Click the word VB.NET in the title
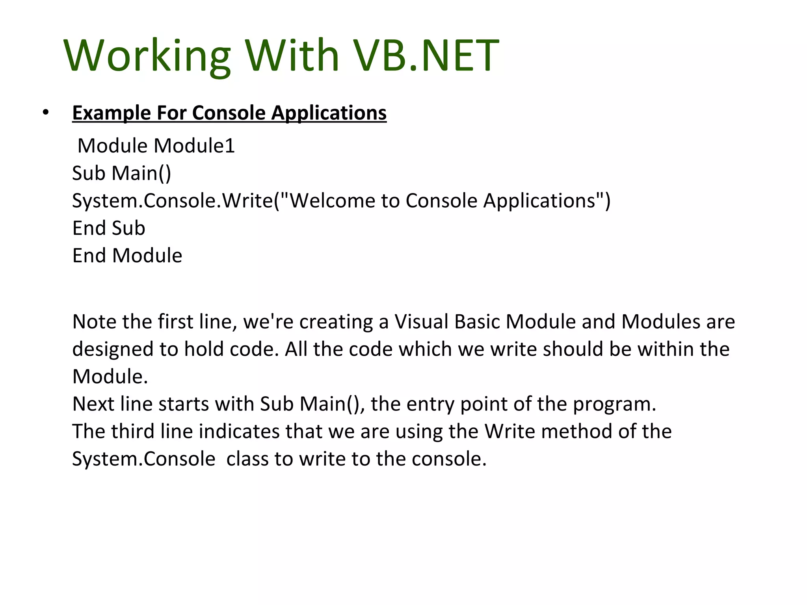[x=426, y=56]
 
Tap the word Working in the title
[x=147, y=56]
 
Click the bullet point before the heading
[x=46, y=113]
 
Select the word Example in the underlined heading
[x=112, y=113]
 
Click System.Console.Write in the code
[x=173, y=201]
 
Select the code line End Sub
[x=109, y=228]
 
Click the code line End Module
[x=127, y=256]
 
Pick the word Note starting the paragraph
[x=94, y=322]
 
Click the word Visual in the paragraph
[x=421, y=322]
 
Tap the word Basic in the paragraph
[x=477, y=322]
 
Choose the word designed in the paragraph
[x=113, y=349]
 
